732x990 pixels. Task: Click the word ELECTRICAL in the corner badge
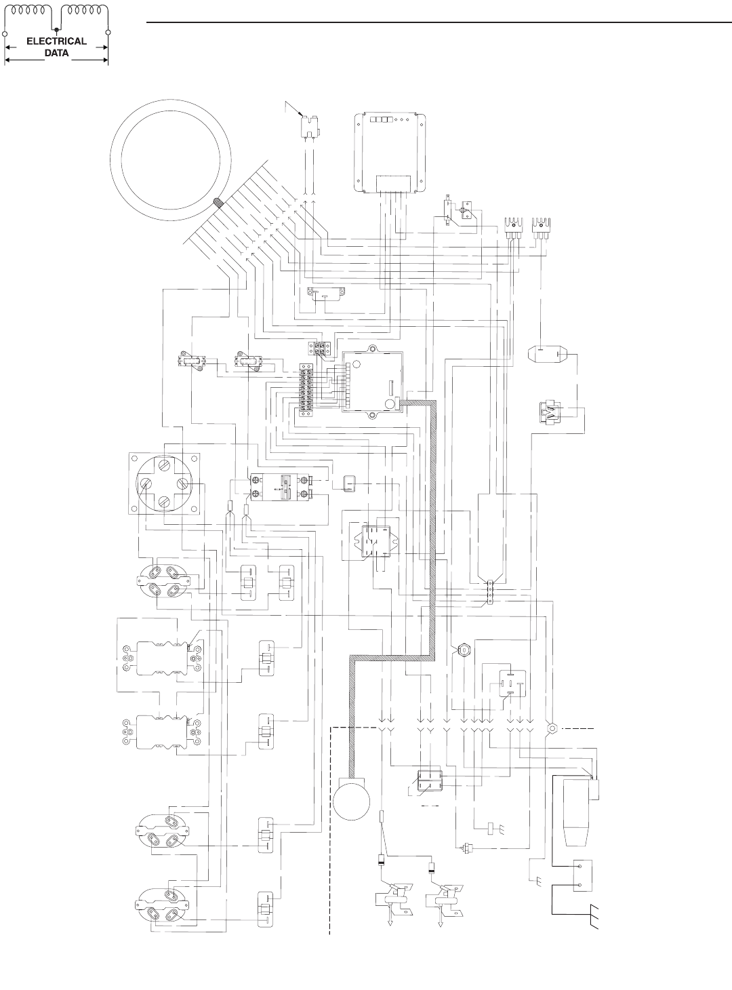(56, 41)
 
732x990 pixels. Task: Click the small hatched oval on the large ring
(219, 202)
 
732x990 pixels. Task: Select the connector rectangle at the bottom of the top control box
(390, 183)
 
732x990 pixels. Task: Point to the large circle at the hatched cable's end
(352, 802)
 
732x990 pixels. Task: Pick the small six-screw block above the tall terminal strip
(320, 348)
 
